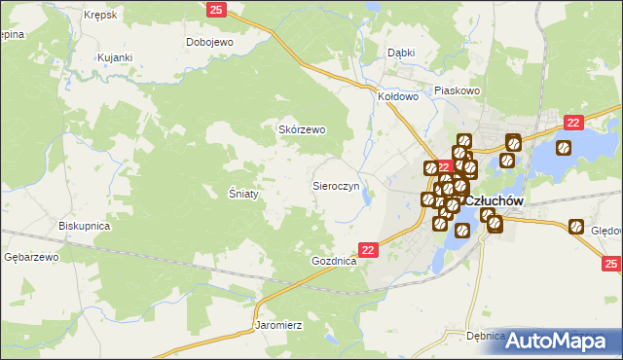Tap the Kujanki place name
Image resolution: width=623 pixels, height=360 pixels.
[114, 57]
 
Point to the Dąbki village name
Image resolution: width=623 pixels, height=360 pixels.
[401, 53]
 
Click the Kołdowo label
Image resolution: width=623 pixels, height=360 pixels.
[397, 96]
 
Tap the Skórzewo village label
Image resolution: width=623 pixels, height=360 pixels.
[302, 129]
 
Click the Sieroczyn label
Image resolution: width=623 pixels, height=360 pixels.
[336, 184]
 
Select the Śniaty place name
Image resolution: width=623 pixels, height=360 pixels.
[243, 194]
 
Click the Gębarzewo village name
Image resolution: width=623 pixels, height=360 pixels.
[32, 257]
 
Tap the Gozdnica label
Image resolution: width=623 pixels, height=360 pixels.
[334, 262]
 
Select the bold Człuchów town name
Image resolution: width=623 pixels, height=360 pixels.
[495, 200]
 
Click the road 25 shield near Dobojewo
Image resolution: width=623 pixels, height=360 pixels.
[217, 9]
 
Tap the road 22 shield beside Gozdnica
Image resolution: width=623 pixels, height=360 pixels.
[368, 250]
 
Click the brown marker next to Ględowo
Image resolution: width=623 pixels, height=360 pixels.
[576, 228]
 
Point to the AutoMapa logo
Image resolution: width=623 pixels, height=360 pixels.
[560, 340]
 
